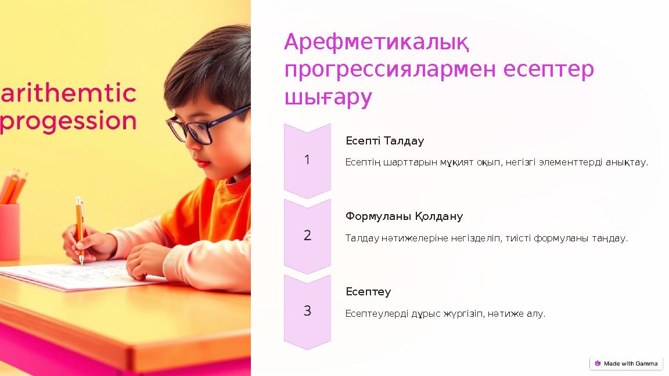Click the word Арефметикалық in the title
click(x=376, y=43)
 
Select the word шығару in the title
click(x=328, y=97)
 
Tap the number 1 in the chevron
click(x=307, y=160)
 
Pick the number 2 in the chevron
click(x=307, y=235)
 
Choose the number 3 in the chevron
click(x=307, y=310)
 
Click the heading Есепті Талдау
click(x=384, y=141)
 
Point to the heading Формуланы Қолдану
click(x=404, y=216)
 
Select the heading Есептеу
click(x=368, y=291)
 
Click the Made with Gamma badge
click(x=626, y=363)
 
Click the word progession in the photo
click(x=69, y=122)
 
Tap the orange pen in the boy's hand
click(x=80, y=229)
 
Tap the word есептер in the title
click(x=548, y=70)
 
